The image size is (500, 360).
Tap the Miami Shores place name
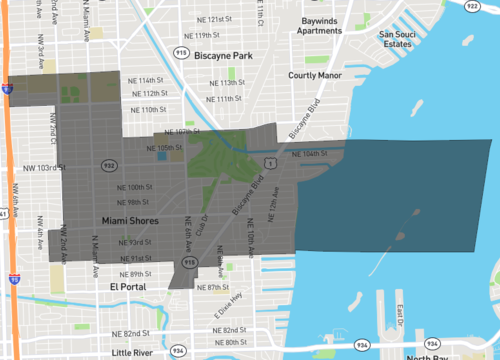pyautogui.click(x=129, y=220)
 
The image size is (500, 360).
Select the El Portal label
pyautogui.click(x=128, y=286)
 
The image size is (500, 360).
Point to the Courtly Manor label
pyautogui.click(x=315, y=75)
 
